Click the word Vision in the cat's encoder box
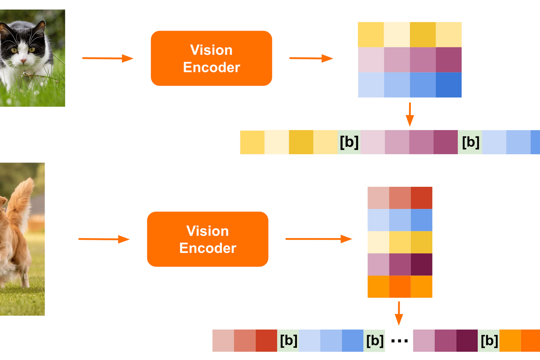[211, 49]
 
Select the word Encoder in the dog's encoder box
[207, 248]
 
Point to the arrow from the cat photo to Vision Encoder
[108, 58]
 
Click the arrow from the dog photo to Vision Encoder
[104, 239]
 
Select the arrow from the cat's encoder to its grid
[310, 58]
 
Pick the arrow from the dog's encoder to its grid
[319, 239]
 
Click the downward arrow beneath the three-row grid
[409, 114]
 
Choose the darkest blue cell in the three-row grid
[449, 85]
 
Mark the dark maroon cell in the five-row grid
[422, 265]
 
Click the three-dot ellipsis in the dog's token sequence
[399, 341]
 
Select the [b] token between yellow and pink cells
[349, 142]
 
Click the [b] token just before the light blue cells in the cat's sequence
[470, 142]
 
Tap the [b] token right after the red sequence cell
[288, 341]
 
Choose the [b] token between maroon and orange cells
[489, 341]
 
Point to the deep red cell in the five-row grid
[422, 198]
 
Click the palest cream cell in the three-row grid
[397, 34]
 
